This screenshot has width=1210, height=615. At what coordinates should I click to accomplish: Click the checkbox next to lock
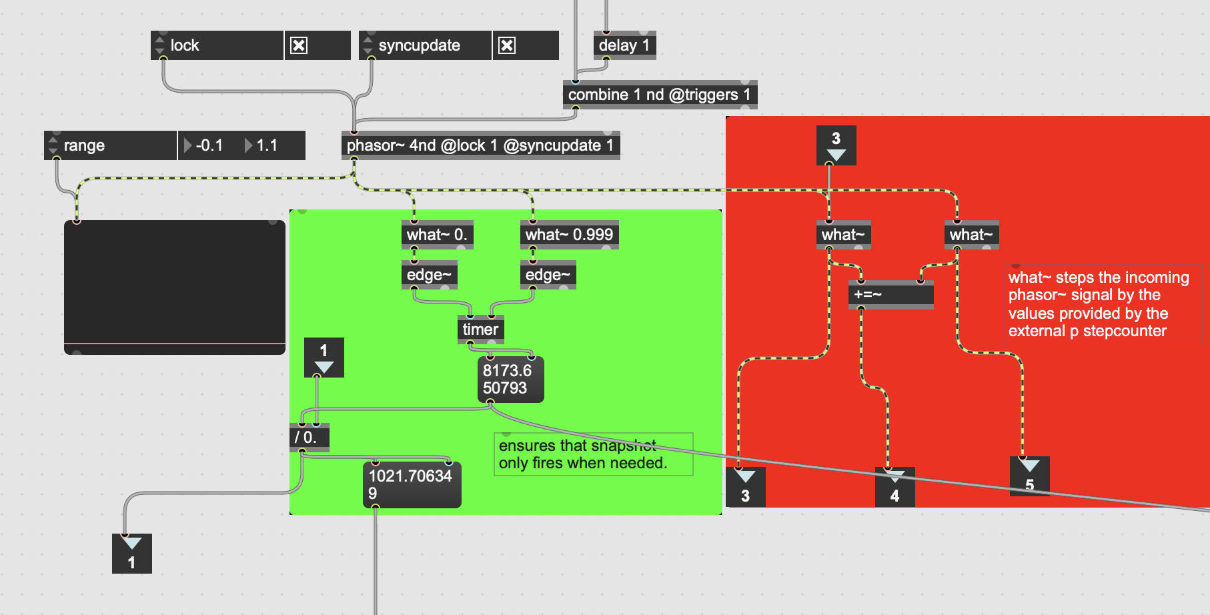click(299, 45)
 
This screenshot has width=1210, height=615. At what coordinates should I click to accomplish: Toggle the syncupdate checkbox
click(507, 45)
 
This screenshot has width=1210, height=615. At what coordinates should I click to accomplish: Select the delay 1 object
click(624, 45)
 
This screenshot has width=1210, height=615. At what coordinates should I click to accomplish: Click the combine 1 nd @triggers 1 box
click(659, 95)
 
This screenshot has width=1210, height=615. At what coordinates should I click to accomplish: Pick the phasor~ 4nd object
click(480, 145)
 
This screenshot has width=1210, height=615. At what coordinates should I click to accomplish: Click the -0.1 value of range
click(209, 145)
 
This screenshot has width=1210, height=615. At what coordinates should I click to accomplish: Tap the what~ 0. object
click(437, 235)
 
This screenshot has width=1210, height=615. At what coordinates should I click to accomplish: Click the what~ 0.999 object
click(569, 235)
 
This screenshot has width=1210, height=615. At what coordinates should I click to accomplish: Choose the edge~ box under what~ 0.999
click(548, 275)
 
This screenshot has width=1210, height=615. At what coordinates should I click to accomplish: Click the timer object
click(480, 330)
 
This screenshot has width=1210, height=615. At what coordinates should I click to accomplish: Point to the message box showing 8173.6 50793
click(510, 380)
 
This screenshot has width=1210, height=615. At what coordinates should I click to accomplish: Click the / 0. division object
click(309, 438)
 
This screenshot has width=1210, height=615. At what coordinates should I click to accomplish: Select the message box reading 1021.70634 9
click(411, 485)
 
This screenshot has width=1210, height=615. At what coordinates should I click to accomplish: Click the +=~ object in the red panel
click(890, 294)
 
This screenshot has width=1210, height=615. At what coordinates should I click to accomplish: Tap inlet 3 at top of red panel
click(836, 145)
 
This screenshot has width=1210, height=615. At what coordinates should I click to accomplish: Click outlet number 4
click(894, 488)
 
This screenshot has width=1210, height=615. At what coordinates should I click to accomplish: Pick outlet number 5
click(1029, 476)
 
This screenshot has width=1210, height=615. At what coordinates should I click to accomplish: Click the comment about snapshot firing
click(592, 454)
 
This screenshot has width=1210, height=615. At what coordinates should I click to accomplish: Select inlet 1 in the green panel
click(324, 358)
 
